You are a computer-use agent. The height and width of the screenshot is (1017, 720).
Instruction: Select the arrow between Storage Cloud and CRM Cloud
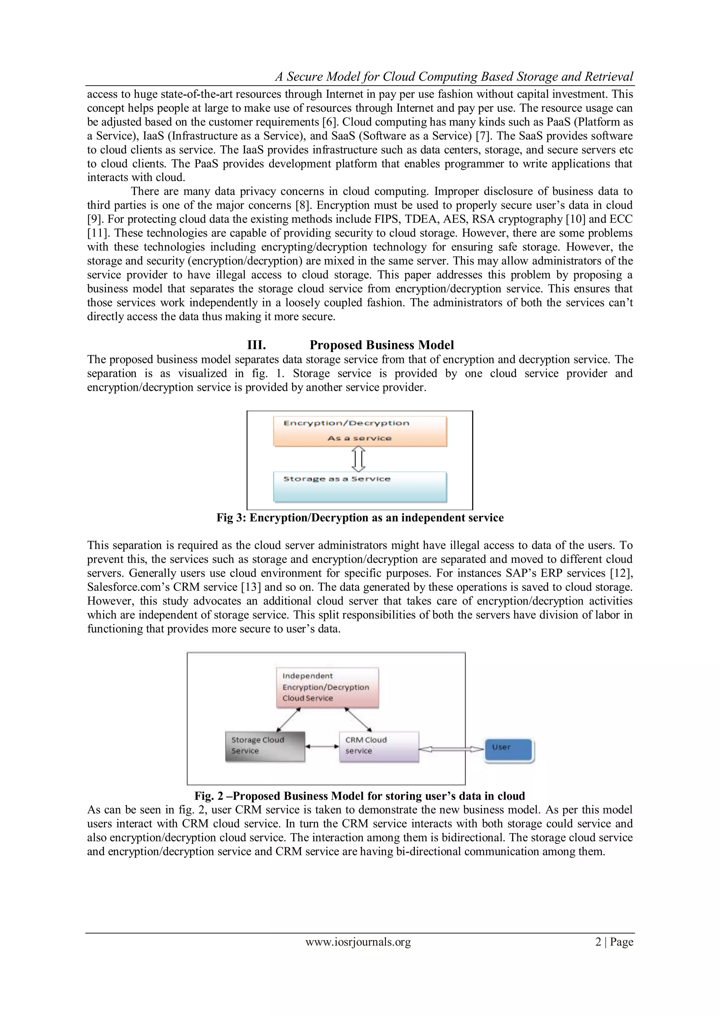[322, 746]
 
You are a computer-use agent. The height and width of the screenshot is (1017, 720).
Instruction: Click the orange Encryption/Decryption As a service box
[360, 431]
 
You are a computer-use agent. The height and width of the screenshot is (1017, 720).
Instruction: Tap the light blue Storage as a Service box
[360, 486]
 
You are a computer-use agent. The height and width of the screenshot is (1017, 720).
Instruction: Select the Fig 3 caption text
[360, 518]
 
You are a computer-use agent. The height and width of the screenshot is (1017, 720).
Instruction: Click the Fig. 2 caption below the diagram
[360, 796]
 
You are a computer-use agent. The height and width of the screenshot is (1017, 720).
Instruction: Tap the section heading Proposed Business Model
[381, 345]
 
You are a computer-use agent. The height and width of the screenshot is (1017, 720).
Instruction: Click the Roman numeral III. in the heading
[256, 345]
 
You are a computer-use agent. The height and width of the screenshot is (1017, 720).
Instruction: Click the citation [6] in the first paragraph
[329, 122]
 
